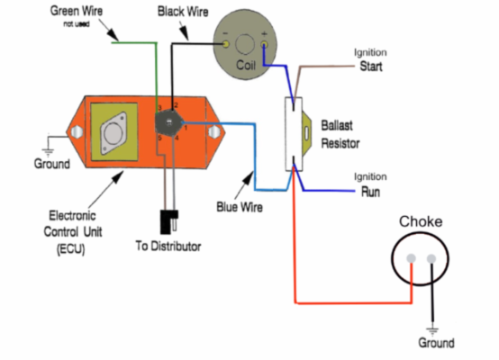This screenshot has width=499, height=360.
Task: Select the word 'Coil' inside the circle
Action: pos(246,67)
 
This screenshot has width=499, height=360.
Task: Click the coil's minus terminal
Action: pos(226,42)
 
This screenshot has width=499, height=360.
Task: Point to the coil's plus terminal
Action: pos(264,42)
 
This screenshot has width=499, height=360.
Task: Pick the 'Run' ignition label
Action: pos(370,192)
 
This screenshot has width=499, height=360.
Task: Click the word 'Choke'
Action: pos(421,221)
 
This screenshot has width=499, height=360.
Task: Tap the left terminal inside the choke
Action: pos(411,261)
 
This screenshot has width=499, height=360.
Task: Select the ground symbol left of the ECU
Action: pos(46,142)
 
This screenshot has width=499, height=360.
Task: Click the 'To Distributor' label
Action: pos(168,246)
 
